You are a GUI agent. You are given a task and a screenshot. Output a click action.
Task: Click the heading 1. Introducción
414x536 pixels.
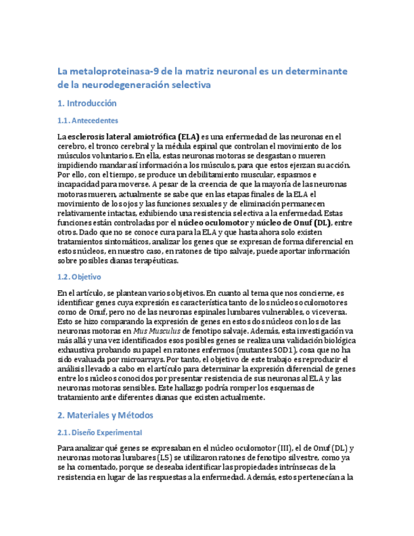[87, 103]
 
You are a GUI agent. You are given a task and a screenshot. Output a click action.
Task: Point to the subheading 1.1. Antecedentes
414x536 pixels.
[87, 120]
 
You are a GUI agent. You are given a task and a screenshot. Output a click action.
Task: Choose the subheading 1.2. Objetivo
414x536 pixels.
[78, 277]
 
